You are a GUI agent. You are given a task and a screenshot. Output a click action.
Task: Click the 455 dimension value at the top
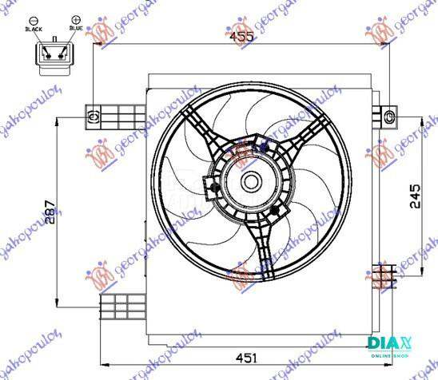(241, 37)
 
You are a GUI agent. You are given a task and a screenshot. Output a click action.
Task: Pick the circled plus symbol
(76, 17)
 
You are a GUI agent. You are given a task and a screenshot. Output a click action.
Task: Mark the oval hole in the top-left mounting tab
(94, 117)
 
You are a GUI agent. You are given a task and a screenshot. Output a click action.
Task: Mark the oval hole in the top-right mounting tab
(389, 117)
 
